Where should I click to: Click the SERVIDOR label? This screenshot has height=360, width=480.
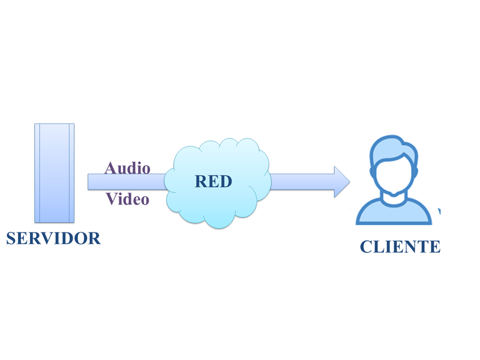pos(53,238)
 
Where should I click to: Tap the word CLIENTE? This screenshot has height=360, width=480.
pos(400,247)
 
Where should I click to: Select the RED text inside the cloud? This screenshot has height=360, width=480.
pos(214,181)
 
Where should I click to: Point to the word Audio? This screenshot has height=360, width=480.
pos(127,168)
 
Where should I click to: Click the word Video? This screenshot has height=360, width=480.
pos(127,199)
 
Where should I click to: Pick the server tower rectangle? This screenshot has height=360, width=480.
pos(55,173)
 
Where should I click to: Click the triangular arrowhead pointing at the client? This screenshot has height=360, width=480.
pos(342,182)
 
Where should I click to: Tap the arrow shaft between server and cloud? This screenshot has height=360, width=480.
pos(127,182)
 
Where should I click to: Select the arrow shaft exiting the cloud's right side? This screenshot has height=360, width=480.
pos(302,182)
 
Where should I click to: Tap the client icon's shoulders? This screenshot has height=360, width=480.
pos(394,213)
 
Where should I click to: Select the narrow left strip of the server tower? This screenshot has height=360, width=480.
pos(37,173)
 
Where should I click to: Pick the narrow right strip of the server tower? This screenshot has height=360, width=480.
pos(71,173)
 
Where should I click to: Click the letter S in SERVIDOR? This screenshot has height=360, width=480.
pos(11,238)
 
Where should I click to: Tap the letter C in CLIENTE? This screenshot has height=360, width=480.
pos(366,247)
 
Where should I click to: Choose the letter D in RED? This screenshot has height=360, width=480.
pos(226,181)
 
